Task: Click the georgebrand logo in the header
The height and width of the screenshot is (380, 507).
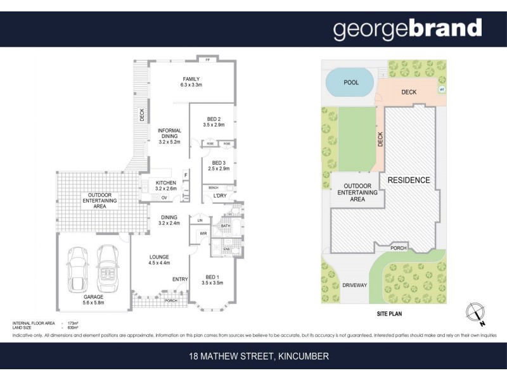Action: click(x=408, y=28)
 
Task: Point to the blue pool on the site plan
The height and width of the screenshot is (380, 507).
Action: click(x=349, y=83)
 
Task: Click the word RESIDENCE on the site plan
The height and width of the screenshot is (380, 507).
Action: click(x=409, y=180)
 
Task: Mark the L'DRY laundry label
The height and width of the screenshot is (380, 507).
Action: click(x=220, y=196)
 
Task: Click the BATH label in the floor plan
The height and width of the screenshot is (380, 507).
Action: click(x=225, y=225)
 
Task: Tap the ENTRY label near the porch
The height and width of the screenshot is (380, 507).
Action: click(x=181, y=279)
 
